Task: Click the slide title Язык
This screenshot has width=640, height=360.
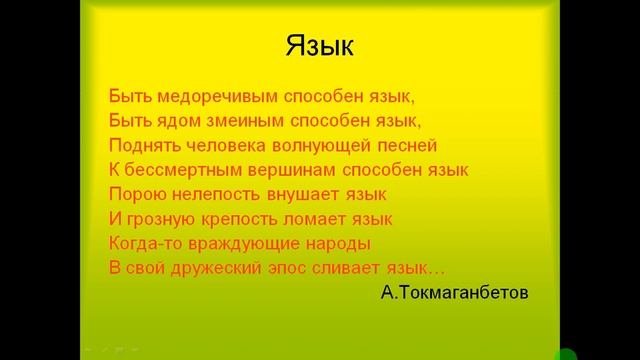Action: (x=319, y=47)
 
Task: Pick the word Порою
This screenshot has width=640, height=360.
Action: (x=133, y=194)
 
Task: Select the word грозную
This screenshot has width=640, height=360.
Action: (x=158, y=218)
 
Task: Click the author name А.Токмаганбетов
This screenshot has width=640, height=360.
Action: (x=453, y=292)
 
